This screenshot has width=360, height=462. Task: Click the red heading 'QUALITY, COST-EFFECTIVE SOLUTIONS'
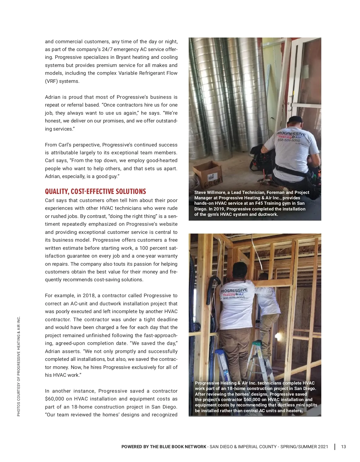[x=95, y=192]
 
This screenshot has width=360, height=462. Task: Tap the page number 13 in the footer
[x=343, y=447]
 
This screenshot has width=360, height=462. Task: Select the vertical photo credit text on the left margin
[x=19, y=366]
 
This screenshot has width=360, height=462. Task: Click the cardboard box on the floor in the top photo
[x=207, y=174]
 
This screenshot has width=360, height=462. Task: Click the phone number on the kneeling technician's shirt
[x=289, y=140]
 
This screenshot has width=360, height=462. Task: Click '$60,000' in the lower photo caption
[x=253, y=400]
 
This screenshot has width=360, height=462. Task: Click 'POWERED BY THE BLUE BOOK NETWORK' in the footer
[x=164, y=447]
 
